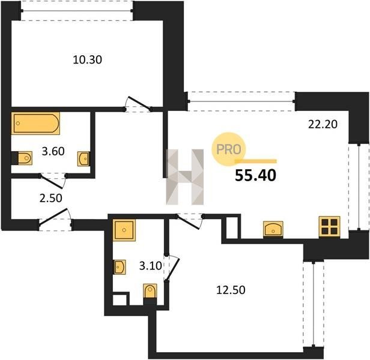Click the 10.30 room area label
[87, 60]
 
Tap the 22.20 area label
[323, 124]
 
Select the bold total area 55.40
[255, 176]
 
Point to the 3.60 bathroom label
[53, 151]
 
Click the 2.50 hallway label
[50, 198]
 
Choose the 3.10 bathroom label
[151, 266]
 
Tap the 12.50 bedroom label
[231, 290]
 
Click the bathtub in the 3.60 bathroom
[35, 124]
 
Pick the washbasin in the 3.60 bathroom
[84, 158]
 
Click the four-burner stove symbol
[329, 227]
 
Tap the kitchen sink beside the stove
[273, 229]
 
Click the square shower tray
[124, 230]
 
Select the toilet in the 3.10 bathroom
[150, 292]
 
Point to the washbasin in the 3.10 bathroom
[120, 267]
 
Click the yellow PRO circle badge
[228, 149]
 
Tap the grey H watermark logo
[185, 177]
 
